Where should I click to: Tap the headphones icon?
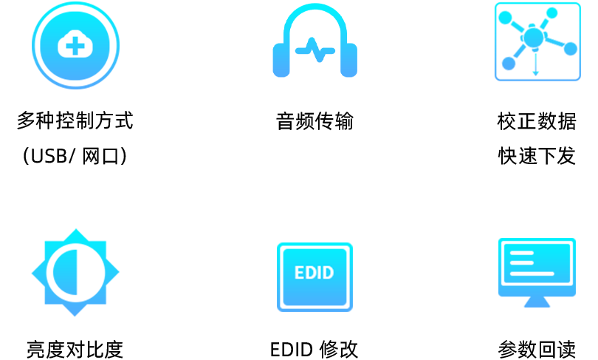point(315,41)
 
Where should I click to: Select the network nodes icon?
point(537,41)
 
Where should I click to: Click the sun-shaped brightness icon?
point(75,272)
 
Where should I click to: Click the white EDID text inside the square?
point(315,272)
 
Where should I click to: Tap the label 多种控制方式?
point(75,120)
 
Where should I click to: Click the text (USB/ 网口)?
point(75,157)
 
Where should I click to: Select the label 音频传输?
point(315,120)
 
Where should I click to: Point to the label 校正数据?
point(537,120)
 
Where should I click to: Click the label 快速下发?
point(537,157)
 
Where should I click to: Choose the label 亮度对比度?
point(75,349)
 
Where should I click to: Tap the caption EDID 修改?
point(315,349)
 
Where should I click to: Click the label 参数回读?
point(537,349)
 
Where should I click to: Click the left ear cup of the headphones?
point(282,60)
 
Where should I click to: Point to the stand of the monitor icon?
point(537,302)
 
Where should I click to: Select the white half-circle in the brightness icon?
point(62,272)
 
